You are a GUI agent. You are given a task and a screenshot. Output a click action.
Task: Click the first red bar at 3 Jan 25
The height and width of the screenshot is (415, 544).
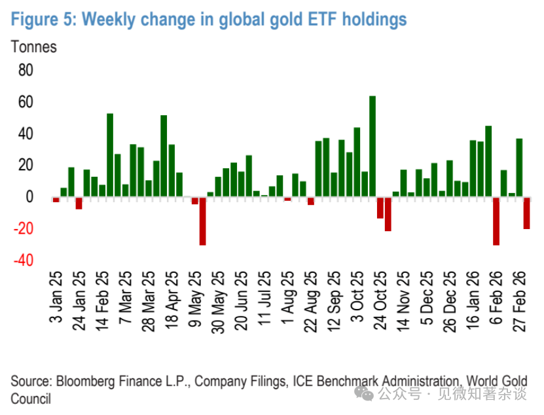(x=56, y=199)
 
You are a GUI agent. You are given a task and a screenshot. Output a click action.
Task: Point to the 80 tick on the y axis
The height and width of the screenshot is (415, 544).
(x=24, y=70)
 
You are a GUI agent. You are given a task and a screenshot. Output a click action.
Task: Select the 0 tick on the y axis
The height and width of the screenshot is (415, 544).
(x=29, y=197)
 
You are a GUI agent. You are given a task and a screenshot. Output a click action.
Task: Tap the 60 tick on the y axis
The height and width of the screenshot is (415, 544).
(x=24, y=102)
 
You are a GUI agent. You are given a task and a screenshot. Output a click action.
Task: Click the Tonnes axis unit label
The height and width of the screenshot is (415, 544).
(x=33, y=47)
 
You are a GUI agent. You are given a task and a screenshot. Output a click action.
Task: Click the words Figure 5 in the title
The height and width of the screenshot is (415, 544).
(x=43, y=20)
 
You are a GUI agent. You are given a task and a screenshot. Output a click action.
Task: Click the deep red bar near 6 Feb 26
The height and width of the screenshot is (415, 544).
(x=496, y=221)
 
